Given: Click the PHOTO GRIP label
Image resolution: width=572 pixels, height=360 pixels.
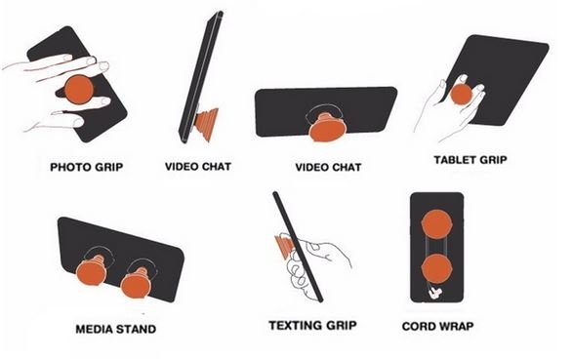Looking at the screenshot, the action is (x=87, y=167).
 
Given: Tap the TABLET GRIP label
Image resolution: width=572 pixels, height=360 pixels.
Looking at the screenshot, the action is (x=470, y=160).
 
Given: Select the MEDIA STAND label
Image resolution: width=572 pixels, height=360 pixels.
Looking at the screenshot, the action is (x=115, y=329).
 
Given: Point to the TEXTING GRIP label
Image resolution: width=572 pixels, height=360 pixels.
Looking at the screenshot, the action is (x=312, y=325).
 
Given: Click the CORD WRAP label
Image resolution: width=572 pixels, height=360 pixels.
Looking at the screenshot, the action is (x=437, y=326).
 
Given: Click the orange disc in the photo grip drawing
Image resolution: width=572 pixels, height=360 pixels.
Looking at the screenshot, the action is (x=79, y=90).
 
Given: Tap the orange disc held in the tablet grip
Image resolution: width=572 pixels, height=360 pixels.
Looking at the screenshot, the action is (x=462, y=95).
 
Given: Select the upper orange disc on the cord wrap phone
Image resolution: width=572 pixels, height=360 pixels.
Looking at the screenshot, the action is (x=437, y=224).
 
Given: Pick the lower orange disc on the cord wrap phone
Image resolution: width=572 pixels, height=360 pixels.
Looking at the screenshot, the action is (x=436, y=269).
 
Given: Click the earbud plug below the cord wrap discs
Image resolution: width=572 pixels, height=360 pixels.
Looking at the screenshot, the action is (x=434, y=293).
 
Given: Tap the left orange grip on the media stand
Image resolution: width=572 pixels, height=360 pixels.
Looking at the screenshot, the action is (x=92, y=270).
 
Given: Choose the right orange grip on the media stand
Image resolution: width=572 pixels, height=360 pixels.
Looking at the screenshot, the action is (x=136, y=282).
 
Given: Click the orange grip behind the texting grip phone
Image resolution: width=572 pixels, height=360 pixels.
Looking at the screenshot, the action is (x=285, y=247).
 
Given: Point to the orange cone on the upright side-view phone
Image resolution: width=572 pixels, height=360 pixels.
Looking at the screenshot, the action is (x=207, y=124).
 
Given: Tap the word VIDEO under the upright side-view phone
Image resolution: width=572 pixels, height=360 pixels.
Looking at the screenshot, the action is (x=182, y=167).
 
